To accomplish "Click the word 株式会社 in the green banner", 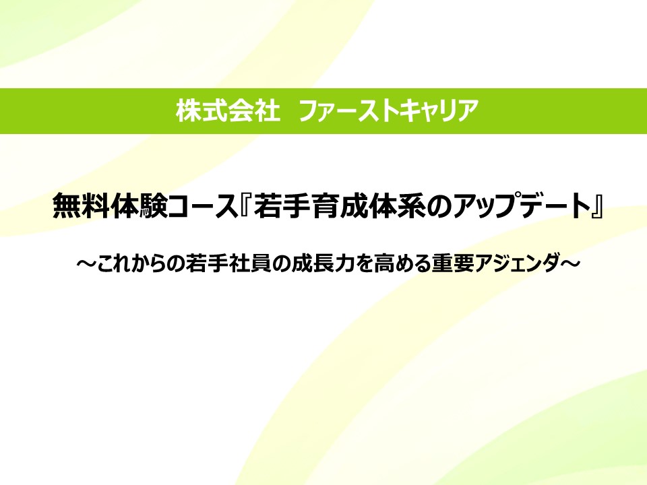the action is click(x=228, y=111).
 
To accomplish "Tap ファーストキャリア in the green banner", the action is click(x=388, y=111).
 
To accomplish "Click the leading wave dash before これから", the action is click(x=86, y=263).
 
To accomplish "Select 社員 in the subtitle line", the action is click(x=250, y=263).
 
